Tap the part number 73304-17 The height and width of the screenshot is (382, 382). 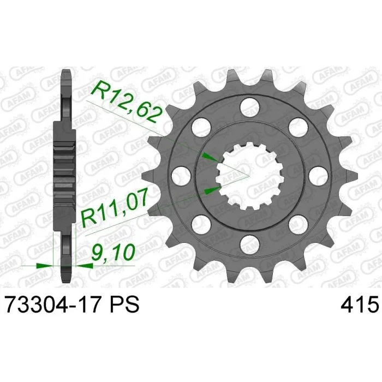coord(52,305)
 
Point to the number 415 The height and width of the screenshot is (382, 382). coord(360,305)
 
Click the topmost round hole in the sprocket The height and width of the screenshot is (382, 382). coord(249,106)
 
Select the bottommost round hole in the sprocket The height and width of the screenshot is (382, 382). coord(249,244)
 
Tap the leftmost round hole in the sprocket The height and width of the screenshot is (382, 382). coord(181,175)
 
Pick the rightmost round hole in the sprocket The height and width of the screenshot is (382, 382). coord(318,175)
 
